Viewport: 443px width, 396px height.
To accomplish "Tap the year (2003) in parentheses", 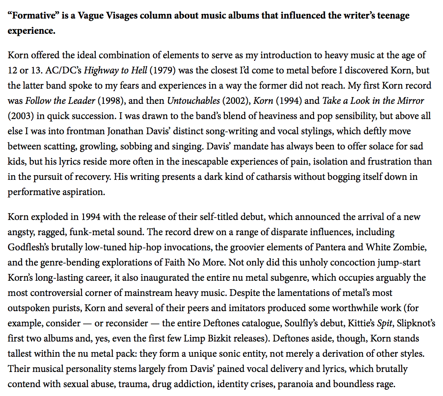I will click(x=19, y=116).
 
